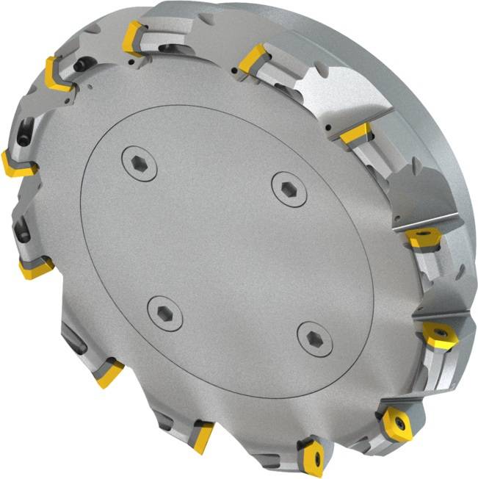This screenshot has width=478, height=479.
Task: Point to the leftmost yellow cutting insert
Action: tap(16, 163)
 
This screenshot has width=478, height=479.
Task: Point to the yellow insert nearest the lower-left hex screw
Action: tap(109, 373)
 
